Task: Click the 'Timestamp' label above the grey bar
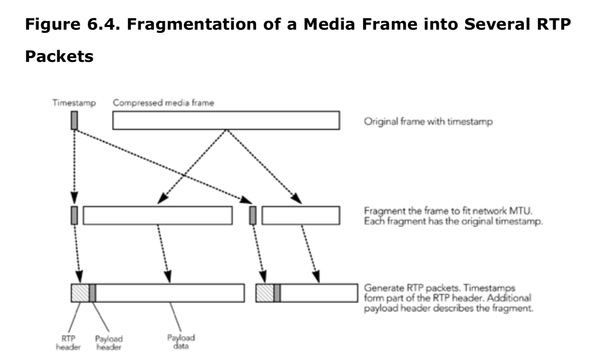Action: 74,103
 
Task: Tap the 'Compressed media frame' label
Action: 163,103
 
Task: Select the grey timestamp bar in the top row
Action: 74,120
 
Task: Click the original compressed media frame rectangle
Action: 226,120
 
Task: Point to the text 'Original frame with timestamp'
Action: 428,121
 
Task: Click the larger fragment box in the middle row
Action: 158,216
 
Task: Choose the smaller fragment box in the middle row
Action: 301,216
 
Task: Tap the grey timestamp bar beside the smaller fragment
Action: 253,216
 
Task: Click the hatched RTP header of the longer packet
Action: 80,293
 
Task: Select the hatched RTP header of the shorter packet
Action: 265,293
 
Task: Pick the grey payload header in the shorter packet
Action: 277,293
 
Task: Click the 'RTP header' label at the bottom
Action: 68,343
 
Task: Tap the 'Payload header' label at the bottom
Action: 109,343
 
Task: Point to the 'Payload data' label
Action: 181,342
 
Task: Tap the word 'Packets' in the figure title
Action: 59,56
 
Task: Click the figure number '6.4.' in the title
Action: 104,24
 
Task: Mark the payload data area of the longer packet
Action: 170,293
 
